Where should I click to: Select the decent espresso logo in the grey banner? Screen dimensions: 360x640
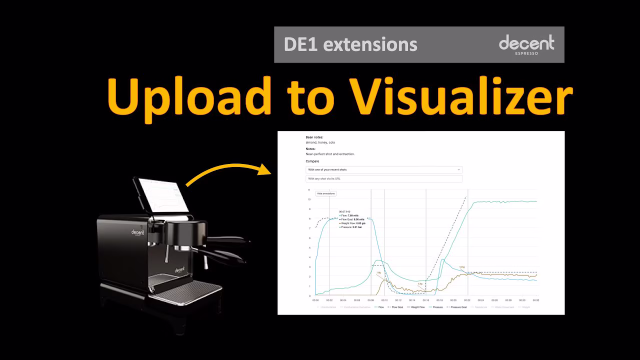(x=526, y=44)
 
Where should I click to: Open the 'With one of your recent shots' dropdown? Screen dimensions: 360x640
(x=384, y=169)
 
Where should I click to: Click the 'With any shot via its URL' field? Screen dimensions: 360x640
(x=384, y=178)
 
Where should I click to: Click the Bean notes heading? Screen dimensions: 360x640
(x=314, y=137)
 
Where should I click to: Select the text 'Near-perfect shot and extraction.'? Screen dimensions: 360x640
(x=330, y=154)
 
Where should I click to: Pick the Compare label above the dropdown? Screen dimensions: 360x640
(x=312, y=161)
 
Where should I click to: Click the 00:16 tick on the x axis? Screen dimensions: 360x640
(x=425, y=300)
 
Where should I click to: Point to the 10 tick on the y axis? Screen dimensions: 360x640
(x=310, y=199)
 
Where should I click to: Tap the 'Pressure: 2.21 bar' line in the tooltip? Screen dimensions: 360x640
(x=351, y=227)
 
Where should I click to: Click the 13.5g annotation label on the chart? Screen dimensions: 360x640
(x=462, y=267)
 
